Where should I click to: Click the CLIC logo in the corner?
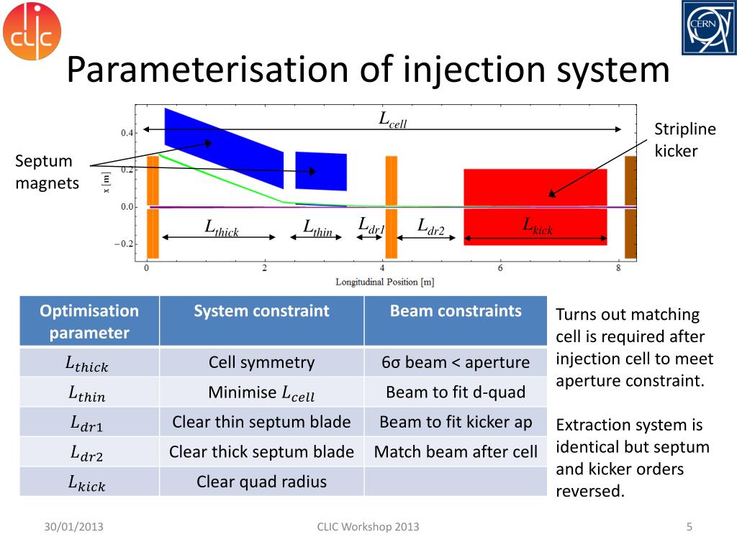click(32, 32)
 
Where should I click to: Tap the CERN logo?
click(709, 28)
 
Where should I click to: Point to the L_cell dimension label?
click(393, 120)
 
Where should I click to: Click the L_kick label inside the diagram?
click(538, 226)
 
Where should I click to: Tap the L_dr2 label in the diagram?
click(431, 226)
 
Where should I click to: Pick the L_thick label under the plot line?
click(222, 229)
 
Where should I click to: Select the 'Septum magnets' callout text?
click(48, 172)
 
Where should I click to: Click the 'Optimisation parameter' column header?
click(89, 321)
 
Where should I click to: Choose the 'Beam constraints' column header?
click(456, 311)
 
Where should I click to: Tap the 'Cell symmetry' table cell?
click(262, 362)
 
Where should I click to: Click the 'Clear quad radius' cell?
click(262, 482)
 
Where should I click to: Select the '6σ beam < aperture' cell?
click(456, 362)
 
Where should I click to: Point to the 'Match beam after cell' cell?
click(456, 452)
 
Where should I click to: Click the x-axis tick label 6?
click(500, 269)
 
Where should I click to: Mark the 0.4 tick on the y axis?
click(127, 133)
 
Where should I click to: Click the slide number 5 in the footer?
click(689, 527)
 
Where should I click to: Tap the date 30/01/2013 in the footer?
click(73, 527)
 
